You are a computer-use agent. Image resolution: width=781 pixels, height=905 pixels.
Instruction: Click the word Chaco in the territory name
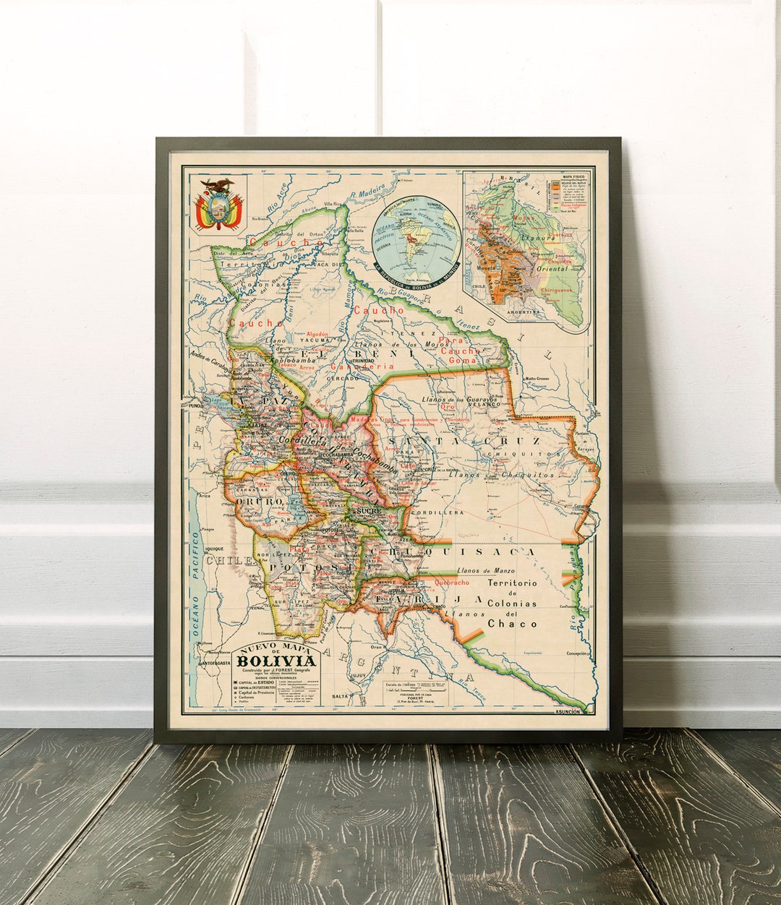(512, 623)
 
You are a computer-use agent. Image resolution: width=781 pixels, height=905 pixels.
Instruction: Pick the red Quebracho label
(453, 582)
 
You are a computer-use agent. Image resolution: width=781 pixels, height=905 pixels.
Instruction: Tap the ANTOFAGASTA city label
(217, 663)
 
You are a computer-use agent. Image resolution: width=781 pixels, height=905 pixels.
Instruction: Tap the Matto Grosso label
(539, 379)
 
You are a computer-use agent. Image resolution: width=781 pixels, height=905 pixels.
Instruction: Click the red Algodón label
(315, 334)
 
